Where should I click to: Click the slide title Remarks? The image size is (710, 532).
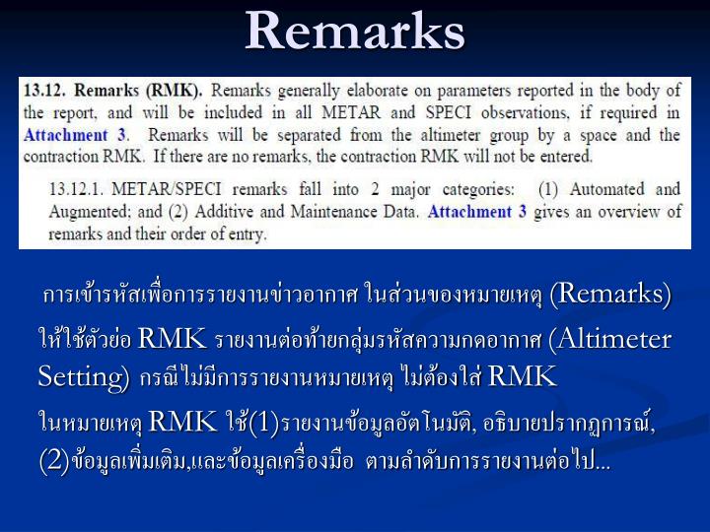[x=355, y=32]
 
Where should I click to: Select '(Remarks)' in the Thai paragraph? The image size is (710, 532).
[x=611, y=295]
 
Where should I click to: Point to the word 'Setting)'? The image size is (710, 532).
[x=83, y=376]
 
